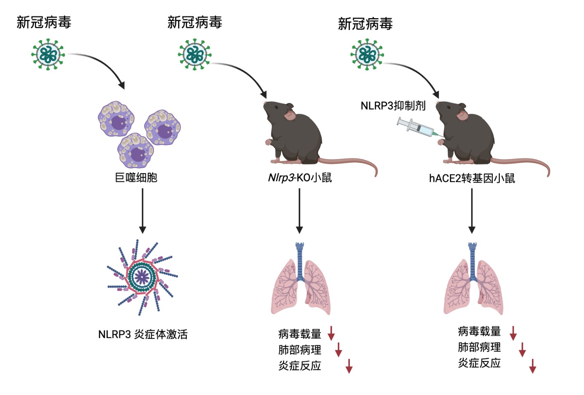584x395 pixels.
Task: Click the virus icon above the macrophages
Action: (48, 54)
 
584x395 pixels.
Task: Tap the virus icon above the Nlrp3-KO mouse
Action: (195, 54)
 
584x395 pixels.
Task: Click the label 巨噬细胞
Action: (136, 178)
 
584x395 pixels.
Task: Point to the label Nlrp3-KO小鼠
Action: (300, 178)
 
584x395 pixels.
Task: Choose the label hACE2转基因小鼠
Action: (472, 178)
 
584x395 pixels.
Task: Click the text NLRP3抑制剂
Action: (393, 106)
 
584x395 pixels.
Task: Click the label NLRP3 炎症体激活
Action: (142, 334)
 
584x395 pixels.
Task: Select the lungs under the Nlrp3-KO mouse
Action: (300, 281)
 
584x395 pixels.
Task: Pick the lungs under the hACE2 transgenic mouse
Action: (473, 281)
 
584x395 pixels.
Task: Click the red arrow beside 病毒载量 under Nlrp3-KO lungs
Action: (331, 333)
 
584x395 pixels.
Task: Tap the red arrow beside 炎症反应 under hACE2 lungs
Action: (532, 366)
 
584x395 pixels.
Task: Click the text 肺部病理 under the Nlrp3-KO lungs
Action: (299, 350)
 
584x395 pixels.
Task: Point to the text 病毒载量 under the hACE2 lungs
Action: (479, 331)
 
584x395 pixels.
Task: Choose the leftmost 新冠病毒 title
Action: (44, 22)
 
